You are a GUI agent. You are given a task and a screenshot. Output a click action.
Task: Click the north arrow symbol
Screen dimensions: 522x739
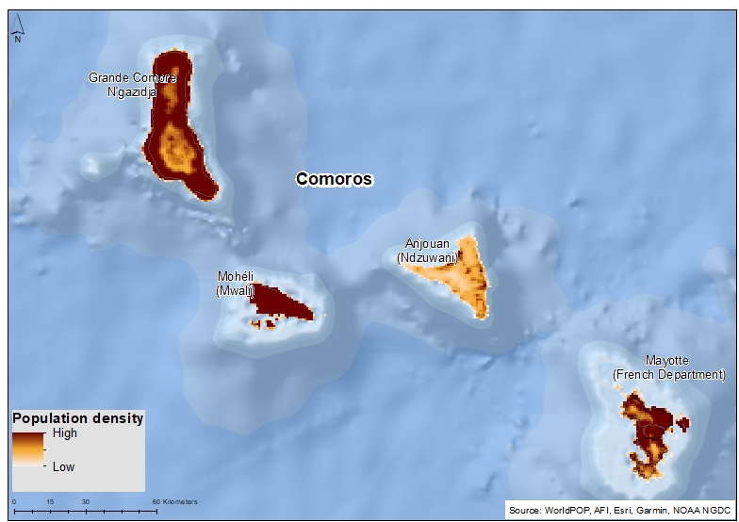17,35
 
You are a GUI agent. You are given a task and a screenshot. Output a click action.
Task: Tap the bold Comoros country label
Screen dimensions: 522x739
334,178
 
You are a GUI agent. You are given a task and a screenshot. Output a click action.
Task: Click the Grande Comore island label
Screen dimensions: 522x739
132,77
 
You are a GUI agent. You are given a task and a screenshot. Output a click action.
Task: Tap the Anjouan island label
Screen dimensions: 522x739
427,243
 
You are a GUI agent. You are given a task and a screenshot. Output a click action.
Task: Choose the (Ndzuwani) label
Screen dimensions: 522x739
427,256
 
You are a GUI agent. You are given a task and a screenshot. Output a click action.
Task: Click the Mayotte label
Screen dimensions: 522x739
667,361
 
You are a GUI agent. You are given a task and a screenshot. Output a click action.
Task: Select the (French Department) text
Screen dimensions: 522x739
668,374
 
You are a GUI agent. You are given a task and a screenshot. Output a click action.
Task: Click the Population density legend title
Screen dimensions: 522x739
77,418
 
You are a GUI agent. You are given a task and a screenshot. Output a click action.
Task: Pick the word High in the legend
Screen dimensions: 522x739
65,433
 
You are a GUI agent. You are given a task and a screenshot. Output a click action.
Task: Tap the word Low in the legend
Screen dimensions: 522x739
63,466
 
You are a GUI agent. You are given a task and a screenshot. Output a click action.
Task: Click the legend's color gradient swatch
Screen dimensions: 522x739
28,449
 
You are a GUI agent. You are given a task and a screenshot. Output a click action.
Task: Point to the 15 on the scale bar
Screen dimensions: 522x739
49,501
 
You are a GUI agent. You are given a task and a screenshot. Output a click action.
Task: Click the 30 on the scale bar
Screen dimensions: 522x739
85,501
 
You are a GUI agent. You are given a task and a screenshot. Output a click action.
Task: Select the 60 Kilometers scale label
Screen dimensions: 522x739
174,501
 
